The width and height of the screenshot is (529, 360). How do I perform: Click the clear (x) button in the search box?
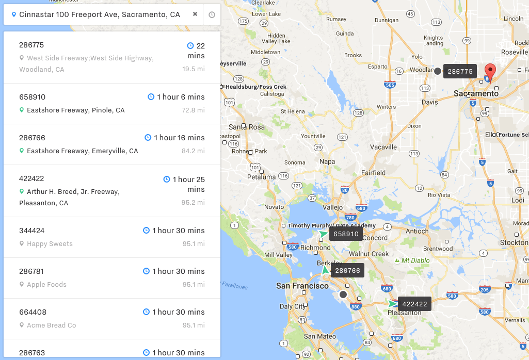point(195,14)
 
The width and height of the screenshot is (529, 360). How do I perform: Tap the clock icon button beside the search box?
point(212,15)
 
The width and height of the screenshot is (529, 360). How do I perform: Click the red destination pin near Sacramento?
point(490,71)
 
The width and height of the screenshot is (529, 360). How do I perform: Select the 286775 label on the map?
point(460,71)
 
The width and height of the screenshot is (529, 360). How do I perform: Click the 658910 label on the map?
point(346,234)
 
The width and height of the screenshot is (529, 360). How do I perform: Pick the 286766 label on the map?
point(347,270)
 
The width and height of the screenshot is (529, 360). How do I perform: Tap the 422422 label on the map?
point(414,304)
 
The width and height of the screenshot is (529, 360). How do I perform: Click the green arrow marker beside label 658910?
point(324,234)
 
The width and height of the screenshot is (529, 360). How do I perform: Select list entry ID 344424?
point(31,231)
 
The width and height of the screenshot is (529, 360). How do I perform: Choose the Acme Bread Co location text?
point(51,325)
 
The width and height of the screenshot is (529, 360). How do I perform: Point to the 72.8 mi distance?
point(194,110)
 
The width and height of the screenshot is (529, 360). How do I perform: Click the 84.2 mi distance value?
point(194,151)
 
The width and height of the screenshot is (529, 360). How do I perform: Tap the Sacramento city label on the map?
point(476,94)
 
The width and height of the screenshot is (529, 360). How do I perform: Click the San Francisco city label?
point(302,286)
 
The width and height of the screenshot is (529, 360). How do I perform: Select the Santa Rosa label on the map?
point(247,127)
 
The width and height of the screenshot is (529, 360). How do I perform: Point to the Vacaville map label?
point(383,147)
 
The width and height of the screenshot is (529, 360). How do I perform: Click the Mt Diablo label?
point(415,260)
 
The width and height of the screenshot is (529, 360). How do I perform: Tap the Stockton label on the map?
point(514,242)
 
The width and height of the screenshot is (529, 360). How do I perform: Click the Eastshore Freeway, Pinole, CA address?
point(75,110)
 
